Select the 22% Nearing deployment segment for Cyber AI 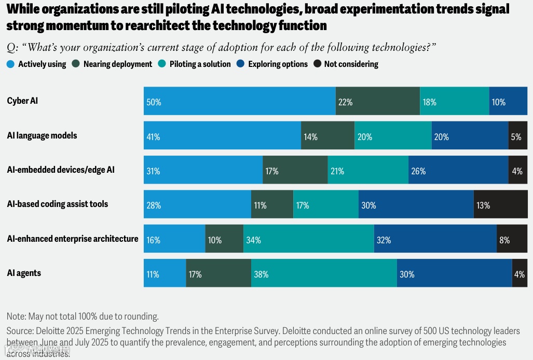tap(378, 101)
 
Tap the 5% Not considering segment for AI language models tap(518, 136)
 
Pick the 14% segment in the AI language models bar tap(327, 136)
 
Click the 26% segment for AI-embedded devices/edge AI tap(458, 170)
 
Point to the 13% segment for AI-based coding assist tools tap(500, 204)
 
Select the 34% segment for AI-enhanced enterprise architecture tap(308, 239)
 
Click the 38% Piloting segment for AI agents tap(324, 273)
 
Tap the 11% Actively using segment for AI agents tap(165, 273)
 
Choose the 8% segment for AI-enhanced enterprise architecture tap(512, 239)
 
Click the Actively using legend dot tap(10, 64)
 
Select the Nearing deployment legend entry tap(117, 64)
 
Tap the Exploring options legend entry tap(278, 64)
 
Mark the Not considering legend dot tap(317, 64)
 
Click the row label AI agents tap(24, 273)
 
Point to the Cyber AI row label tap(22, 101)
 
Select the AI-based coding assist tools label tap(58, 204)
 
